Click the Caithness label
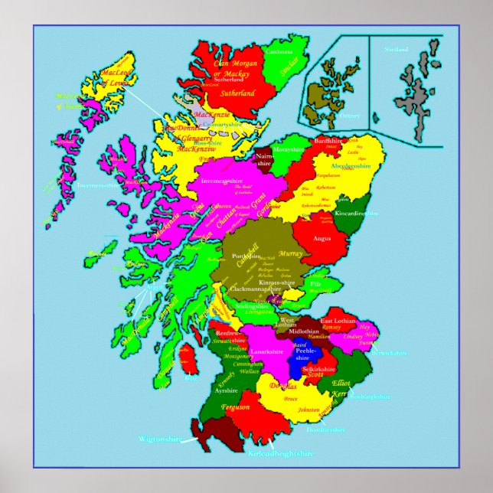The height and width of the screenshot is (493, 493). pyautogui.click(x=278, y=51)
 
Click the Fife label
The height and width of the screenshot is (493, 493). pyautogui.click(x=315, y=284)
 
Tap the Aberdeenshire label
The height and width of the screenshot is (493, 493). pyautogui.click(x=351, y=165)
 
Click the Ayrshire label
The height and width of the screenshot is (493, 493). pyautogui.click(x=227, y=390)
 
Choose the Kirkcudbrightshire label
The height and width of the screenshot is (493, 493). pyautogui.click(x=281, y=453)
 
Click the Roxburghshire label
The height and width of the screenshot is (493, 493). pyautogui.click(x=371, y=397)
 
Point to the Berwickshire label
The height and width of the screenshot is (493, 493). pyautogui.click(x=391, y=354)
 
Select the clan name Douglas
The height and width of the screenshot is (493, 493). pyautogui.click(x=283, y=387)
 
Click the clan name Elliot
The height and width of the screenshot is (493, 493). pyautogui.click(x=341, y=383)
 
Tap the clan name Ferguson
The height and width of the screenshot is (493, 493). pyautogui.click(x=235, y=406)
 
